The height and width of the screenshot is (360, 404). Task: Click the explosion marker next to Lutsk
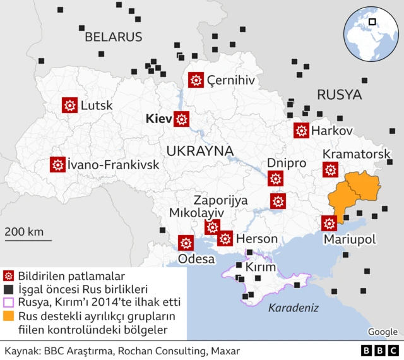69,105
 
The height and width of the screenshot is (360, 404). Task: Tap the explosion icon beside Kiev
182,119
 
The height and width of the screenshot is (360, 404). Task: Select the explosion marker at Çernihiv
196,80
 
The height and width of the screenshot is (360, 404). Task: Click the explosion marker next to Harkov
301,131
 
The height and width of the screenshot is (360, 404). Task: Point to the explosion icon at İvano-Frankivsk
58,165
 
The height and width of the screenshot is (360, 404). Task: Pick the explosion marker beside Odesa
186,243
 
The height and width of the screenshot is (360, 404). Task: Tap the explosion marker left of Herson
225,238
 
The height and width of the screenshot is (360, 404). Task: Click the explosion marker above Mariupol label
328,224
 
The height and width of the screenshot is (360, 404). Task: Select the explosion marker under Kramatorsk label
330,169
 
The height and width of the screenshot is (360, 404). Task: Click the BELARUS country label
114,37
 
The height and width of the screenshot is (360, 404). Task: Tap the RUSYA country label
339,95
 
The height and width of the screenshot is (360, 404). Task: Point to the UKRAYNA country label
200,151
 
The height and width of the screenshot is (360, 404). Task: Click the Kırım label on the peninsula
261,268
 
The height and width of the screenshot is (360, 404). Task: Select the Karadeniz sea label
293,308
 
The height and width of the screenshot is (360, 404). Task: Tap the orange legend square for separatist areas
9,316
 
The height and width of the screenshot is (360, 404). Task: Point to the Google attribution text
383,332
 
